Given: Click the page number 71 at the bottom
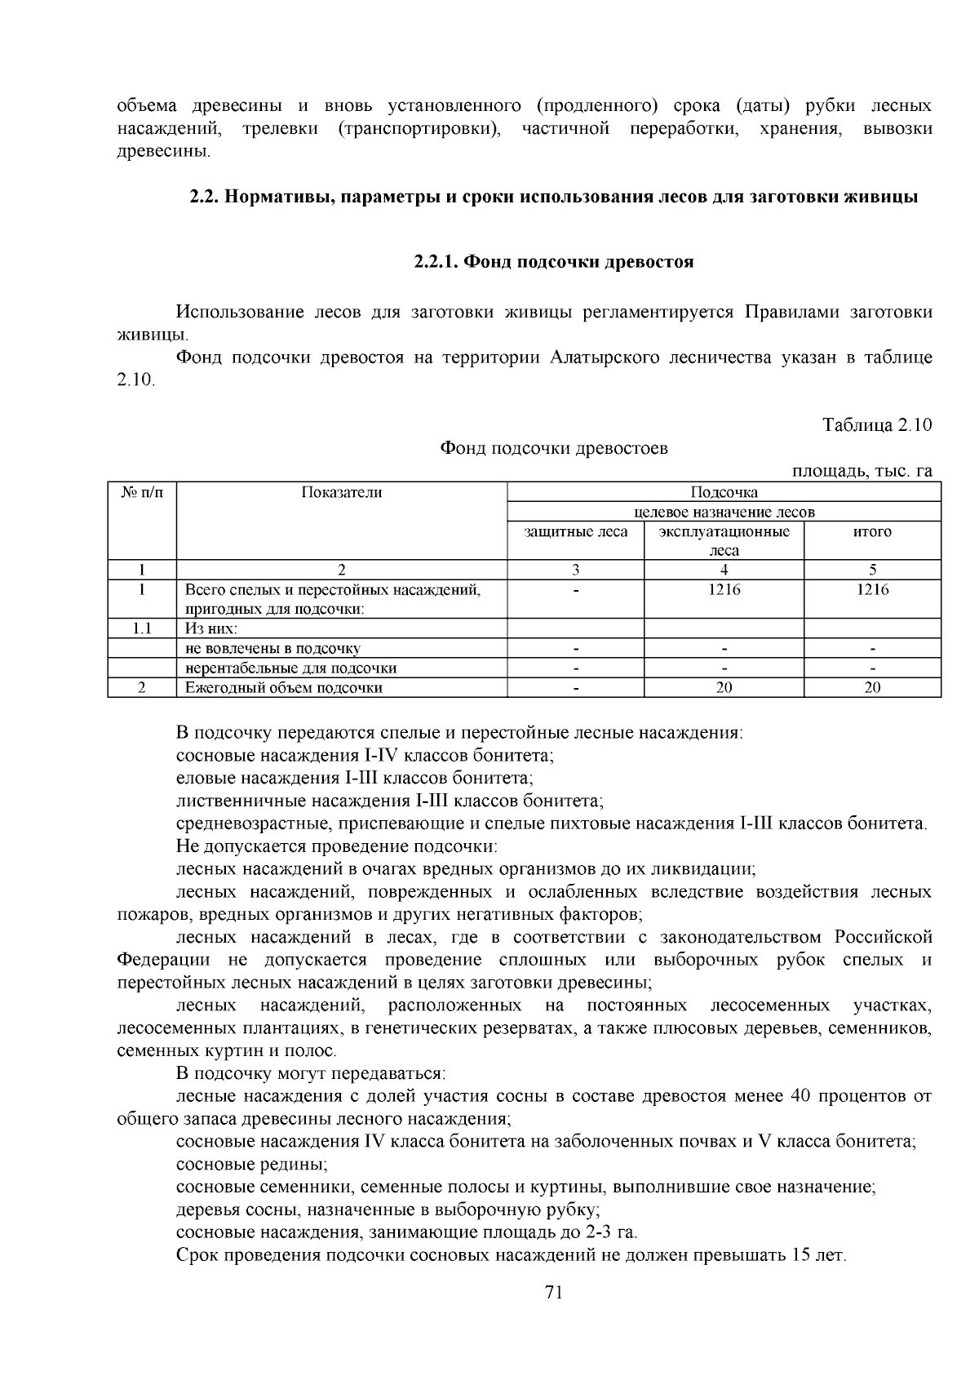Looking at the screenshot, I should [x=554, y=1292].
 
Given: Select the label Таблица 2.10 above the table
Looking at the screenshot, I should [x=877, y=425].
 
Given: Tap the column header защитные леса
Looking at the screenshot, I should [x=575, y=532].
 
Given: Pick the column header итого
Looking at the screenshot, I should [x=872, y=532].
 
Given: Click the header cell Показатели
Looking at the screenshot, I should [x=341, y=492].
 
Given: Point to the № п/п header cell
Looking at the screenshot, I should [x=142, y=492].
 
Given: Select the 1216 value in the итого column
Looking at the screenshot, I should [x=872, y=589].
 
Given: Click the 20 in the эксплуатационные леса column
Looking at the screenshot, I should [x=724, y=687].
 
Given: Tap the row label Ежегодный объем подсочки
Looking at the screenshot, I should [x=284, y=687].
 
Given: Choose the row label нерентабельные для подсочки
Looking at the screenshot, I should [x=290, y=668].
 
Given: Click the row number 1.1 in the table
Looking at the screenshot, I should [x=142, y=628].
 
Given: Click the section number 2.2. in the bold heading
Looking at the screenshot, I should [x=204, y=197].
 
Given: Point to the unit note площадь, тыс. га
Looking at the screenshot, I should [x=862, y=471].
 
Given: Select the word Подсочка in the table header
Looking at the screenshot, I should [x=724, y=492].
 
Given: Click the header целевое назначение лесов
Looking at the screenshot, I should [x=724, y=512].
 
